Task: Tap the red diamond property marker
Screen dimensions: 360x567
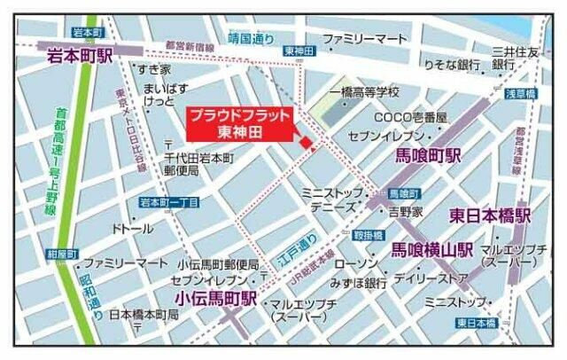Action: click(x=305, y=143)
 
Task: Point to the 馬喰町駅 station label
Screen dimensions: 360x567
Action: click(x=428, y=156)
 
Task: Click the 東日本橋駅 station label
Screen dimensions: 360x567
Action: click(x=489, y=215)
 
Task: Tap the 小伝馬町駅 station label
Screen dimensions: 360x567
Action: click(x=215, y=299)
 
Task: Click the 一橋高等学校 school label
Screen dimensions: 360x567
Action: click(x=364, y=92)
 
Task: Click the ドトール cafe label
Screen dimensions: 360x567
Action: click(x=132, y=228)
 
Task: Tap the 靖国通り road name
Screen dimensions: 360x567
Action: click(x=252, y=39)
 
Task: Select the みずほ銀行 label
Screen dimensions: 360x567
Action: click(x=357, y=283)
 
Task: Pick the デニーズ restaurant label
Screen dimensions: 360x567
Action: click(x=327, y=206)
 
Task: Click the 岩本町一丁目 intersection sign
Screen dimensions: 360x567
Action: click(x=169, y=202)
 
